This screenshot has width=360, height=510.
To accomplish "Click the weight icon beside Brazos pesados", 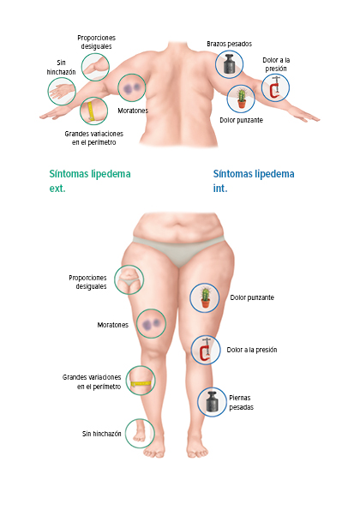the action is coord(229,64).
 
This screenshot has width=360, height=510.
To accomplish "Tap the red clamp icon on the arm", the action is coord(275,87).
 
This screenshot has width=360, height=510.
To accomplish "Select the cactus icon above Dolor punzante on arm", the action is coord(241,99).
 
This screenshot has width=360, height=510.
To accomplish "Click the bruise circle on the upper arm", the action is coord(132,87).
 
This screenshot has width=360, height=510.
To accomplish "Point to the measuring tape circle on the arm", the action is coord(93,111).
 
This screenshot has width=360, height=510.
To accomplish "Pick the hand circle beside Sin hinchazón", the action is coord(62,91).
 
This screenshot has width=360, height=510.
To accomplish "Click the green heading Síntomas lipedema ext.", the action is coord(90,181).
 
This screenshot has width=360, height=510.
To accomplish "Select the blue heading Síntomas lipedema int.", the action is coord(254,181).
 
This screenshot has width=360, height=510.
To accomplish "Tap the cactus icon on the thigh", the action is coord(205,297).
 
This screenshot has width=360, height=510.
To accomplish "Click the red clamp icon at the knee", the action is coord(206,350).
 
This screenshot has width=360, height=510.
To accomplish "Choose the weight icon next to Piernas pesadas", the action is coord(212,402).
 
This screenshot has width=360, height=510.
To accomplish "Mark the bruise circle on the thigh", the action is coord(151,324).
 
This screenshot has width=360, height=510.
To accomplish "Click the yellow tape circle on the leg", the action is coord(141,381).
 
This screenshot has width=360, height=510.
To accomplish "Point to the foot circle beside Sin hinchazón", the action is coord(140,433).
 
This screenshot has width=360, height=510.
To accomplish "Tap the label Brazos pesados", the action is coord(229,44).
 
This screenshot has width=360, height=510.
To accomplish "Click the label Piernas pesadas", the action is coord(242,402).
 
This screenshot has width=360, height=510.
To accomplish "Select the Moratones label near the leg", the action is coord(113,325).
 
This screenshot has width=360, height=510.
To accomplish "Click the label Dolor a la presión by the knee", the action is coord(252,350).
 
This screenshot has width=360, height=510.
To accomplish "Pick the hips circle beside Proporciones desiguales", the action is coord(129,279).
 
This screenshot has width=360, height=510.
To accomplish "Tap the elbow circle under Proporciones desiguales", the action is coord(95,67).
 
